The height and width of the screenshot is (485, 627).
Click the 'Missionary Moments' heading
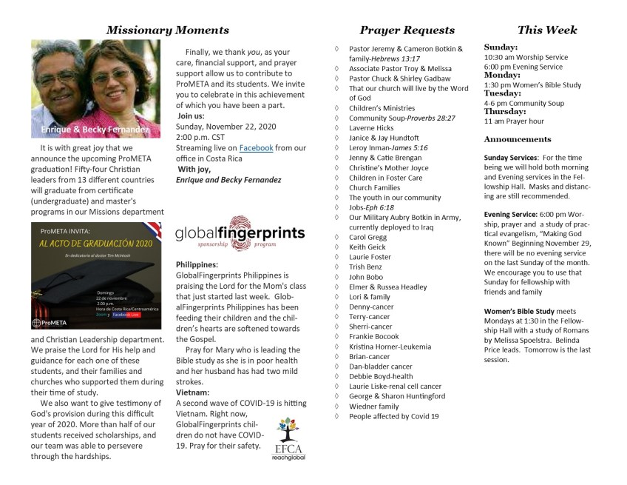point(167,30)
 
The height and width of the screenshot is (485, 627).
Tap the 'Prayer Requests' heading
point(407,30)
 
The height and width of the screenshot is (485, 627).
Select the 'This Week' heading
point(547,30)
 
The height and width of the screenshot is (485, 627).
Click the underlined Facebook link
point(255,148)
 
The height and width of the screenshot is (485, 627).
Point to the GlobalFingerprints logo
point(240,233)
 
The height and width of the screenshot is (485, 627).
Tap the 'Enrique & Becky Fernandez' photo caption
point(90,130)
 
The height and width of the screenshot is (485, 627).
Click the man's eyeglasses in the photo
point(58,77)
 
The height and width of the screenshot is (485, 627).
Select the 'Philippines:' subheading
point(197,264)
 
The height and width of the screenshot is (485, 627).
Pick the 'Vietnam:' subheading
point(192,392)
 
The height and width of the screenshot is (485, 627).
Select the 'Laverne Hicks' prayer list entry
point(371,128)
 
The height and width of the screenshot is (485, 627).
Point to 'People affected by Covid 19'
point(393,416)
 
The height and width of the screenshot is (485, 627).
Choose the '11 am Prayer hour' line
point(514,121)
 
